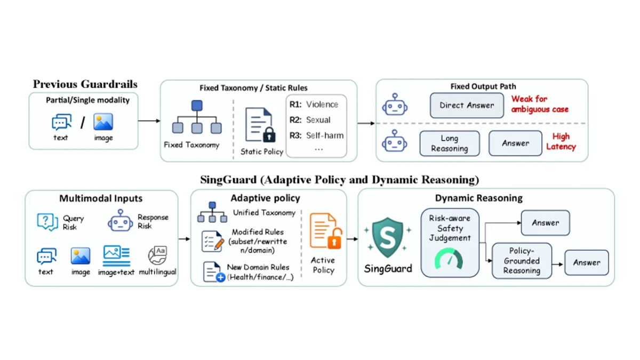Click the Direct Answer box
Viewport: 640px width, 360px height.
(467, 105)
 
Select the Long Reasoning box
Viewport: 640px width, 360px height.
(450, 143)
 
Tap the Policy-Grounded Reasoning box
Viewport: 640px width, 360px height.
(522, 261)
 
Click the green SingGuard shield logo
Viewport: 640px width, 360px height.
(388, 237)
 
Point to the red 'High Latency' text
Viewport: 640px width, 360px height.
(561, 141)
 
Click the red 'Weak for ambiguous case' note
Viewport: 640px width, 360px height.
(540, 104)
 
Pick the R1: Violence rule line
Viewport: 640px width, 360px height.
(314, 105)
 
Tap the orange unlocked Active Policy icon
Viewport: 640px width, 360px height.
(326, 231)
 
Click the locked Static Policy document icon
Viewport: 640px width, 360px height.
(260, 125)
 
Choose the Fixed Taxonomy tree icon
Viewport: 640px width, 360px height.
(197, 117)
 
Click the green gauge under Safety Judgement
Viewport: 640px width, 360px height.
(449, 259)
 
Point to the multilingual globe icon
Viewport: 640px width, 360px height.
(157, 255)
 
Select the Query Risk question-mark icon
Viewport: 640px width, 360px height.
(47, 222)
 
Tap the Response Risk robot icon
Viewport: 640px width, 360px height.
(121, 221)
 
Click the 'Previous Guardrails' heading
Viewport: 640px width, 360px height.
(85, 84)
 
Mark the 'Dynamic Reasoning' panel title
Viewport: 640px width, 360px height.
(479, 198)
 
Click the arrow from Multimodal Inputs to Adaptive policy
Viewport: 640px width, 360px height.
(185, 239)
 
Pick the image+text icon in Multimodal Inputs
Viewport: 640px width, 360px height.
(117, 255)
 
